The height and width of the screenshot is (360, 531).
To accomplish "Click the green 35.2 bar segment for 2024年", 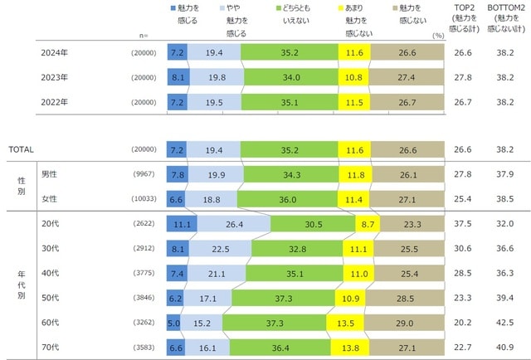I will tap(290, 53).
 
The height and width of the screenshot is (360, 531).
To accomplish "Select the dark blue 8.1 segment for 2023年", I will tap(178, 77).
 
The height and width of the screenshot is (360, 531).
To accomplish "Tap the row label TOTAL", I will tap(21, 149).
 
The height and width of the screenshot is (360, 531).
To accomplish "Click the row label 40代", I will tap(51, 272).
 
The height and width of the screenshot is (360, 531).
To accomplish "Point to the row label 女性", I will tap(51, 199).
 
